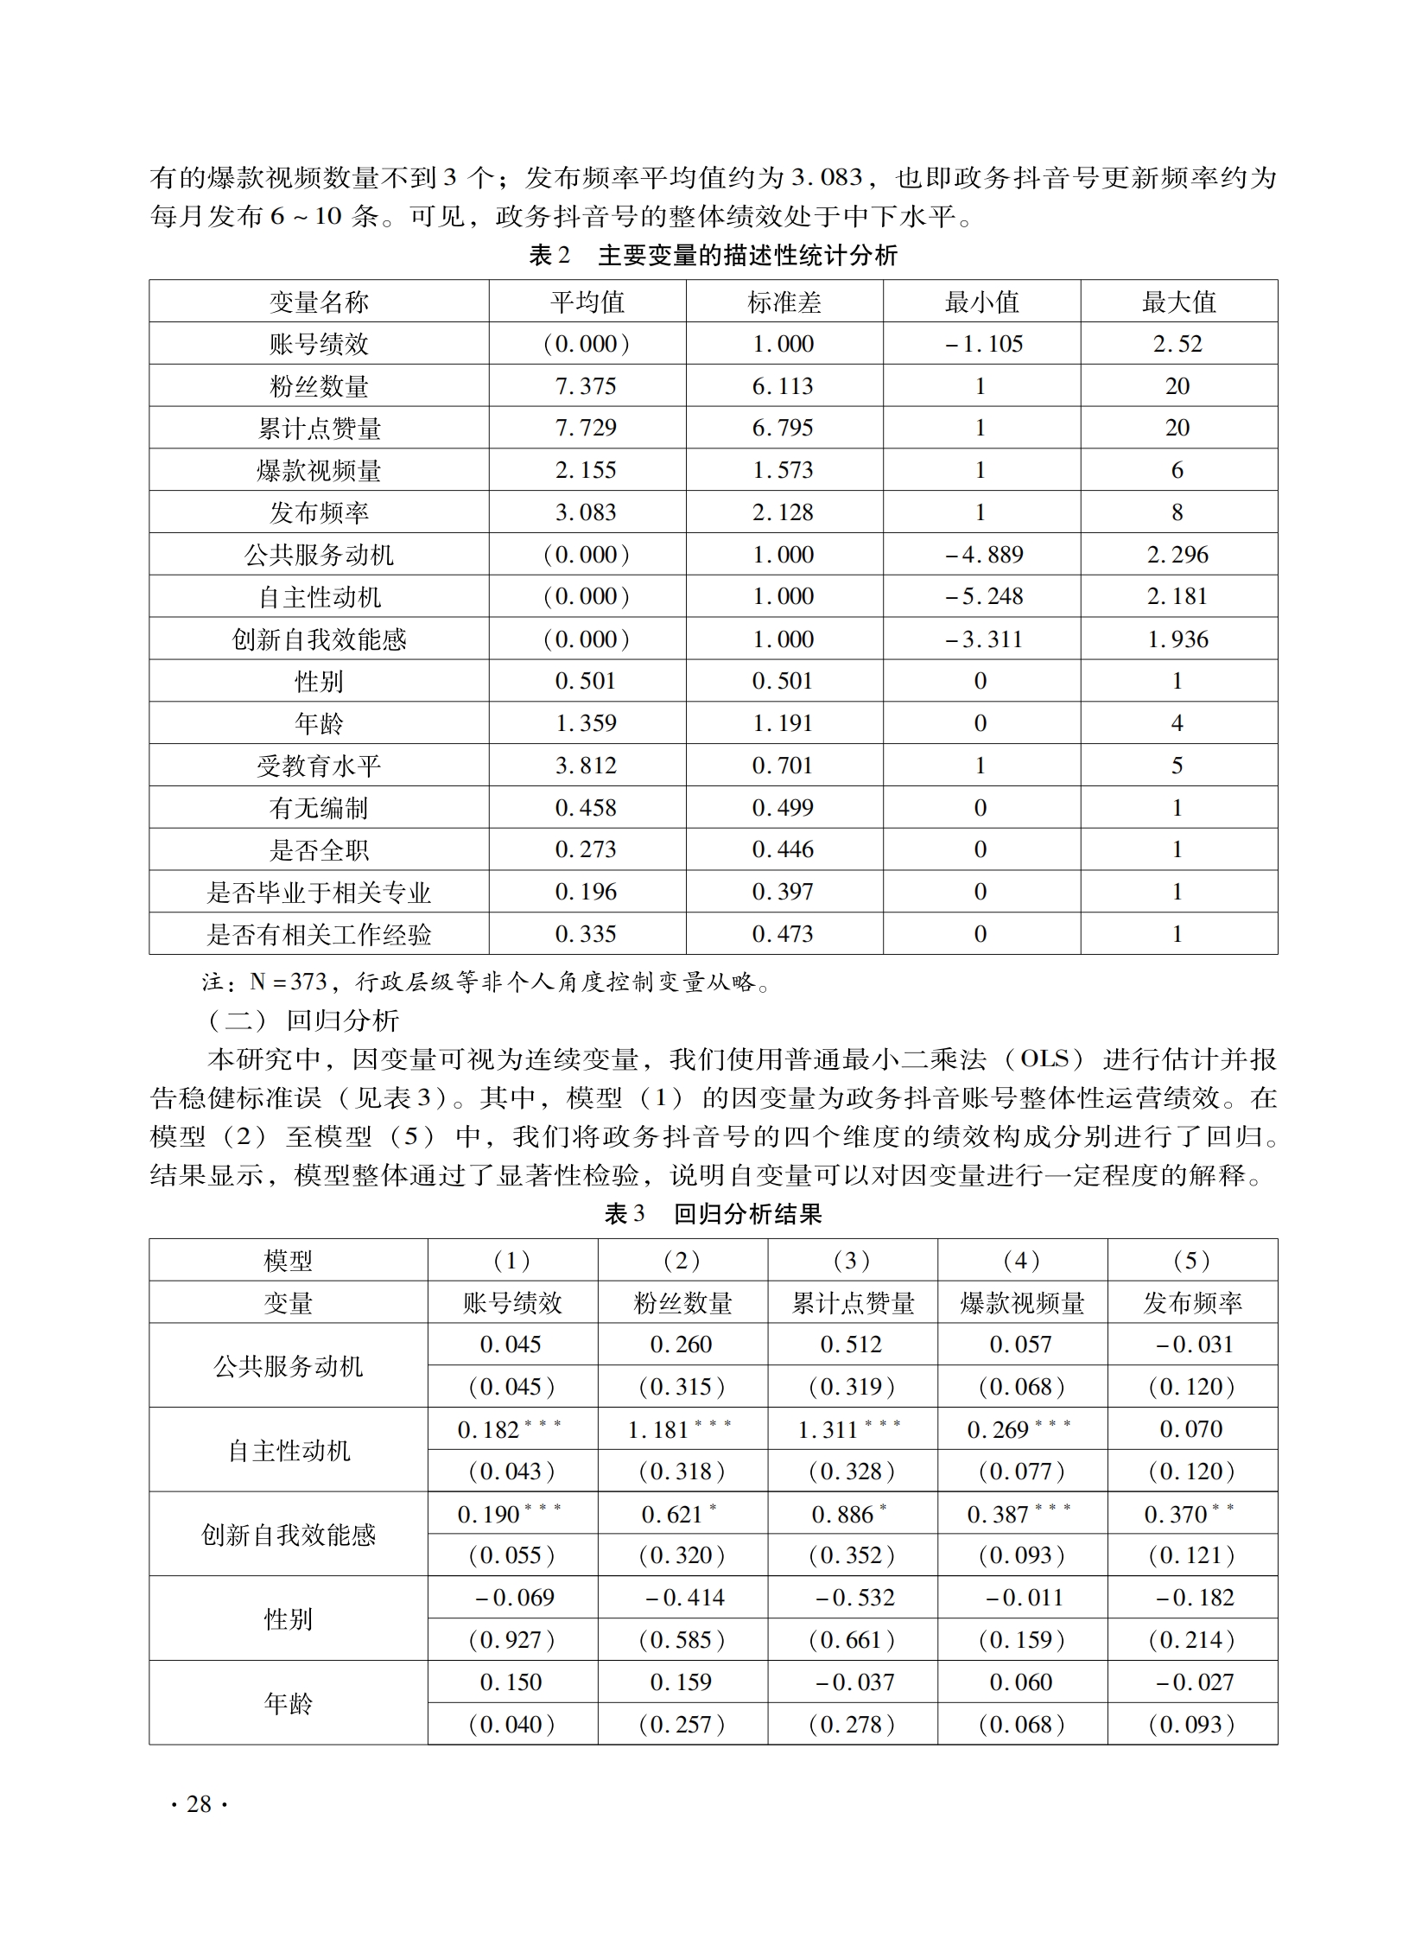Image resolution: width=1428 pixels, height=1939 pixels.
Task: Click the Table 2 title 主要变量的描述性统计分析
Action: (747, 256)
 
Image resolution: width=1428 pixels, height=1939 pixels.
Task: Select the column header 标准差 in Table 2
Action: (784, 302)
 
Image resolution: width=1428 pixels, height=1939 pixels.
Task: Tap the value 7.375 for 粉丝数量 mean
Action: (585, 386)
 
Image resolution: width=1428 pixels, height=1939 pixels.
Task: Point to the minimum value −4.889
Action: (983, 555)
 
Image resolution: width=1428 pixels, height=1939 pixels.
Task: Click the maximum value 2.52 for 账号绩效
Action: (1177, 344)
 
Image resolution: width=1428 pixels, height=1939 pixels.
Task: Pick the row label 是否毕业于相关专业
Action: (318, 892)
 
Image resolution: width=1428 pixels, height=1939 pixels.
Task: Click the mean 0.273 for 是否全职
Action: (585, 849)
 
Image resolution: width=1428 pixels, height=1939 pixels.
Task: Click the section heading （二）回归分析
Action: (302, 1021)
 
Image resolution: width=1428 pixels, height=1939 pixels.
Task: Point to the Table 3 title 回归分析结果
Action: (747, 1215)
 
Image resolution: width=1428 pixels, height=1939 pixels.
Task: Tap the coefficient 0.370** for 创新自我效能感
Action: (1189, 1515)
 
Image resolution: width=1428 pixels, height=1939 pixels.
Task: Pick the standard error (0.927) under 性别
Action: (511, 1641)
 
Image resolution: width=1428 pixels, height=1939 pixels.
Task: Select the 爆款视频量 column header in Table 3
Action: (1022, 1303)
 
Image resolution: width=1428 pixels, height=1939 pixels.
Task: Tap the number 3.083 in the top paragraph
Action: (828, 178)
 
